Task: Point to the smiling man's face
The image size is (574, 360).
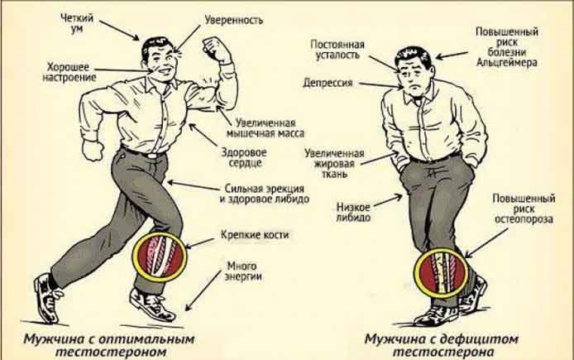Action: pos(158,60)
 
